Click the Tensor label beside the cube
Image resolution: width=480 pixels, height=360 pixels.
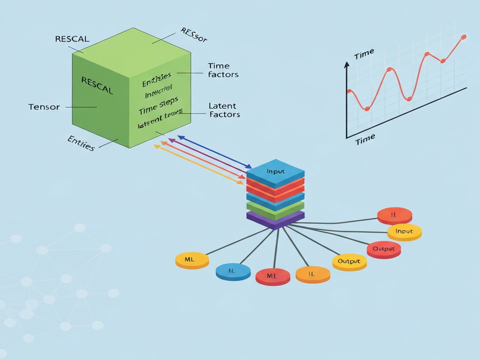coord(44,107)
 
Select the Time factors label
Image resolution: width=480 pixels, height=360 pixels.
coord(223,70)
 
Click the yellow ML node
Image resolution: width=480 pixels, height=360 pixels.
coord(191,260)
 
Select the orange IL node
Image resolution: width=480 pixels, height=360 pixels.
coord(313,274)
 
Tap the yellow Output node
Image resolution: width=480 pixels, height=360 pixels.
coord(349,262)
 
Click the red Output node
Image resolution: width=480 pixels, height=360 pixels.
coord(383,249)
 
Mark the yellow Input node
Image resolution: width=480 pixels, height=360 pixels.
coord(404,232)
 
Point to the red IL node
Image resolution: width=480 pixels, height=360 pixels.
coord(394,215)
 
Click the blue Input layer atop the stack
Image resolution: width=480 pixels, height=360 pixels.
coord(275,172)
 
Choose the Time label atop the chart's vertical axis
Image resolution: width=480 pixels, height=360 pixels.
coord(364,55)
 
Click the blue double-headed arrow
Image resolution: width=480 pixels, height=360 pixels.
coord(214,151)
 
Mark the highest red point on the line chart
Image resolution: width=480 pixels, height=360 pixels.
coord(463,37)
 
